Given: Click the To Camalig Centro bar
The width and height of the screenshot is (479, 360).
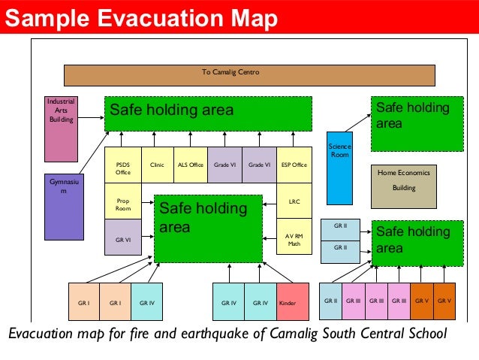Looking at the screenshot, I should (x=249, y=75).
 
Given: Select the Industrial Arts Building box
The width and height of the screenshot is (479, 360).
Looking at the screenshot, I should (x=61, y=129).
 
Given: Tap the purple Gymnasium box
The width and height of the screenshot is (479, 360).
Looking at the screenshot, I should (x=64, y=207).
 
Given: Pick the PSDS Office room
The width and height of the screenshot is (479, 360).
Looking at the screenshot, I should (x=122, y=165).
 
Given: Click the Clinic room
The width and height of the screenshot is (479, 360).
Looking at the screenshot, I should (x=157, y=165).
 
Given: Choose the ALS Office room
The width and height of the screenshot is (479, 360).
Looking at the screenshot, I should (x=190, y=165).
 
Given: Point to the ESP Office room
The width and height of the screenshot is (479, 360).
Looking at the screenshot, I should (x=294, y=165).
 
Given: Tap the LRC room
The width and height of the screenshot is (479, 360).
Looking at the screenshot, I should (x=294, y=201).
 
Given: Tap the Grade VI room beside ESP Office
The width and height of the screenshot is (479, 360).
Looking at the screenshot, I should (x=259, y=165).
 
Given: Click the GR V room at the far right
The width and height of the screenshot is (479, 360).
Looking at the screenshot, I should (x=444, y=301).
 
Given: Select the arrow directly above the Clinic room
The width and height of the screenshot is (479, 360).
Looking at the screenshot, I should (x=154, y=139).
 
